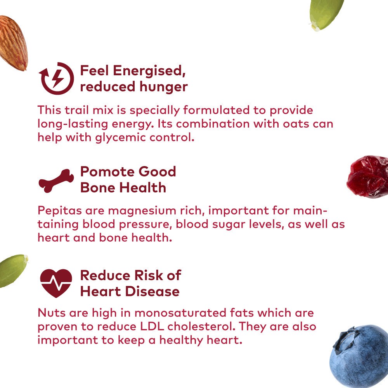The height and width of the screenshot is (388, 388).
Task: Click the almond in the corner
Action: (x=13, y=43)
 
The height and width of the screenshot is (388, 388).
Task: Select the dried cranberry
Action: (x=368, y=177)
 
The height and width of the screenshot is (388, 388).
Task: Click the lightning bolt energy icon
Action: (x=56, y=78)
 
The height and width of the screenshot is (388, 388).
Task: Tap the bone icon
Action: (x=56, y=181)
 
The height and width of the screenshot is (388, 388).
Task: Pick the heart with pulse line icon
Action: (x=56, y=283)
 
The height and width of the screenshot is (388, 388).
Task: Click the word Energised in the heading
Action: (x=149, y=71)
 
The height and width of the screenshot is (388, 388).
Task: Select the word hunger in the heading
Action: (x=164, y=87)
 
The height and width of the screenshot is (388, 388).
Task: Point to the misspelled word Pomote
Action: (x=107, y=172)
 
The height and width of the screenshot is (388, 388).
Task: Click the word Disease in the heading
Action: (x=152, y=291)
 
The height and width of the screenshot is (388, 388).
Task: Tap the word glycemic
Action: (x=121, y=138)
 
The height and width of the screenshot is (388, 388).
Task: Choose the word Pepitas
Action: (x=60, y=211)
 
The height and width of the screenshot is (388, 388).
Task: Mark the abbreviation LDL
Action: (x=152, y=326)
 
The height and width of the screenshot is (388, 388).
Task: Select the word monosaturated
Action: (x=180, y=313)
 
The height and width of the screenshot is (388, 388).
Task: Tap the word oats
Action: (x=296, y=124)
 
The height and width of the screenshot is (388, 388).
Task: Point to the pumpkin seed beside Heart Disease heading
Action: (x=12, y=270)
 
